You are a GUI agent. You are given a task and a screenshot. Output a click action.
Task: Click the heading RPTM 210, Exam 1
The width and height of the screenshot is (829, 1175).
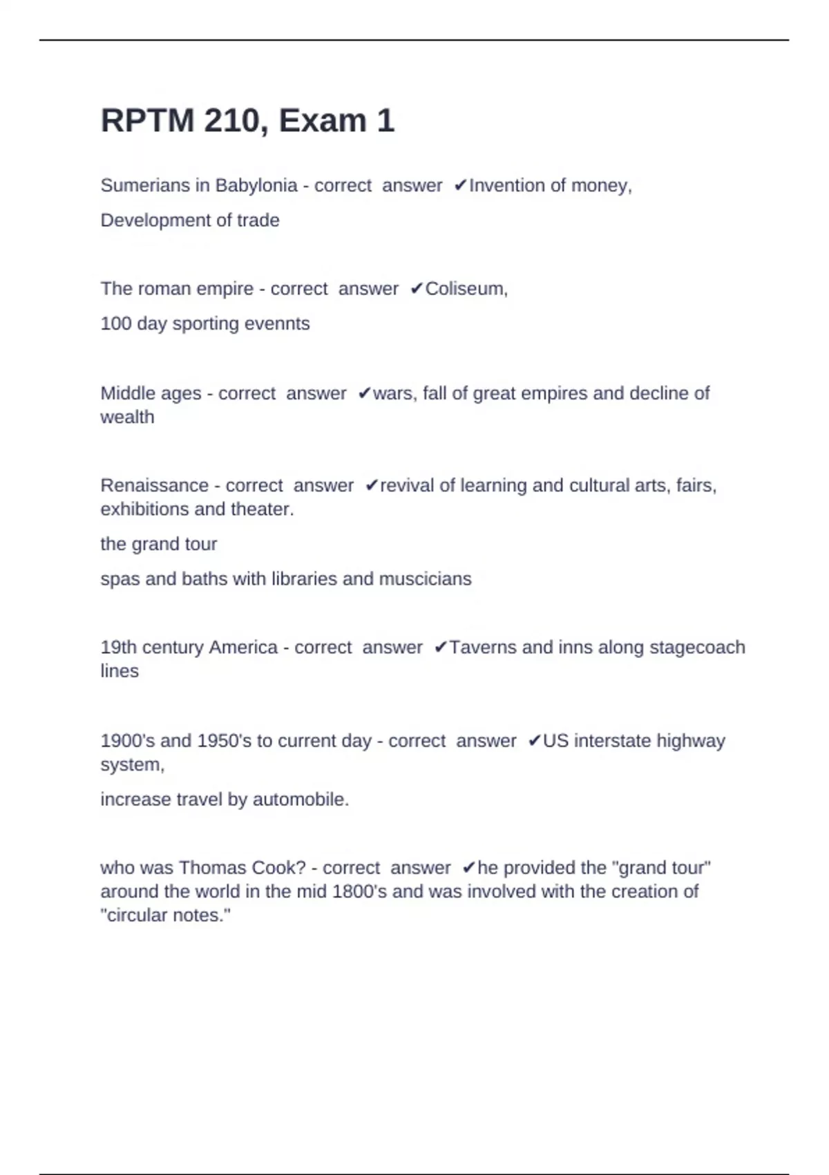[247, 121]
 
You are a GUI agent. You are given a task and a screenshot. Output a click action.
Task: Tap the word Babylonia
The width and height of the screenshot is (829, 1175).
[256, 185]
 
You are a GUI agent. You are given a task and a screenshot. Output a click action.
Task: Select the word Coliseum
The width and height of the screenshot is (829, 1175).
[466, 288]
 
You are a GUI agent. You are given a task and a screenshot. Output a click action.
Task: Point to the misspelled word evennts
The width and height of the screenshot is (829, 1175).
[280, 323]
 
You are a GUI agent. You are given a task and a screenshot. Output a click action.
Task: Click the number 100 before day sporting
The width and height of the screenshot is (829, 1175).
[115, 323]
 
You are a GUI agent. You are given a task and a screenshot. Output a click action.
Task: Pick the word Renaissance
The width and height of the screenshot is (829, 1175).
[154, 485]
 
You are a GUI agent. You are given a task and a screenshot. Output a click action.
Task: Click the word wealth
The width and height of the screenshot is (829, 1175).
[127, 417]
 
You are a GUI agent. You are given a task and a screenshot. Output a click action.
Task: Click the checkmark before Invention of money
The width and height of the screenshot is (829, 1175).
[461, 185]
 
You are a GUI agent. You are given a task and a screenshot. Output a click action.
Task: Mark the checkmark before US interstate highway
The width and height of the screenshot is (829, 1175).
[534, 741]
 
